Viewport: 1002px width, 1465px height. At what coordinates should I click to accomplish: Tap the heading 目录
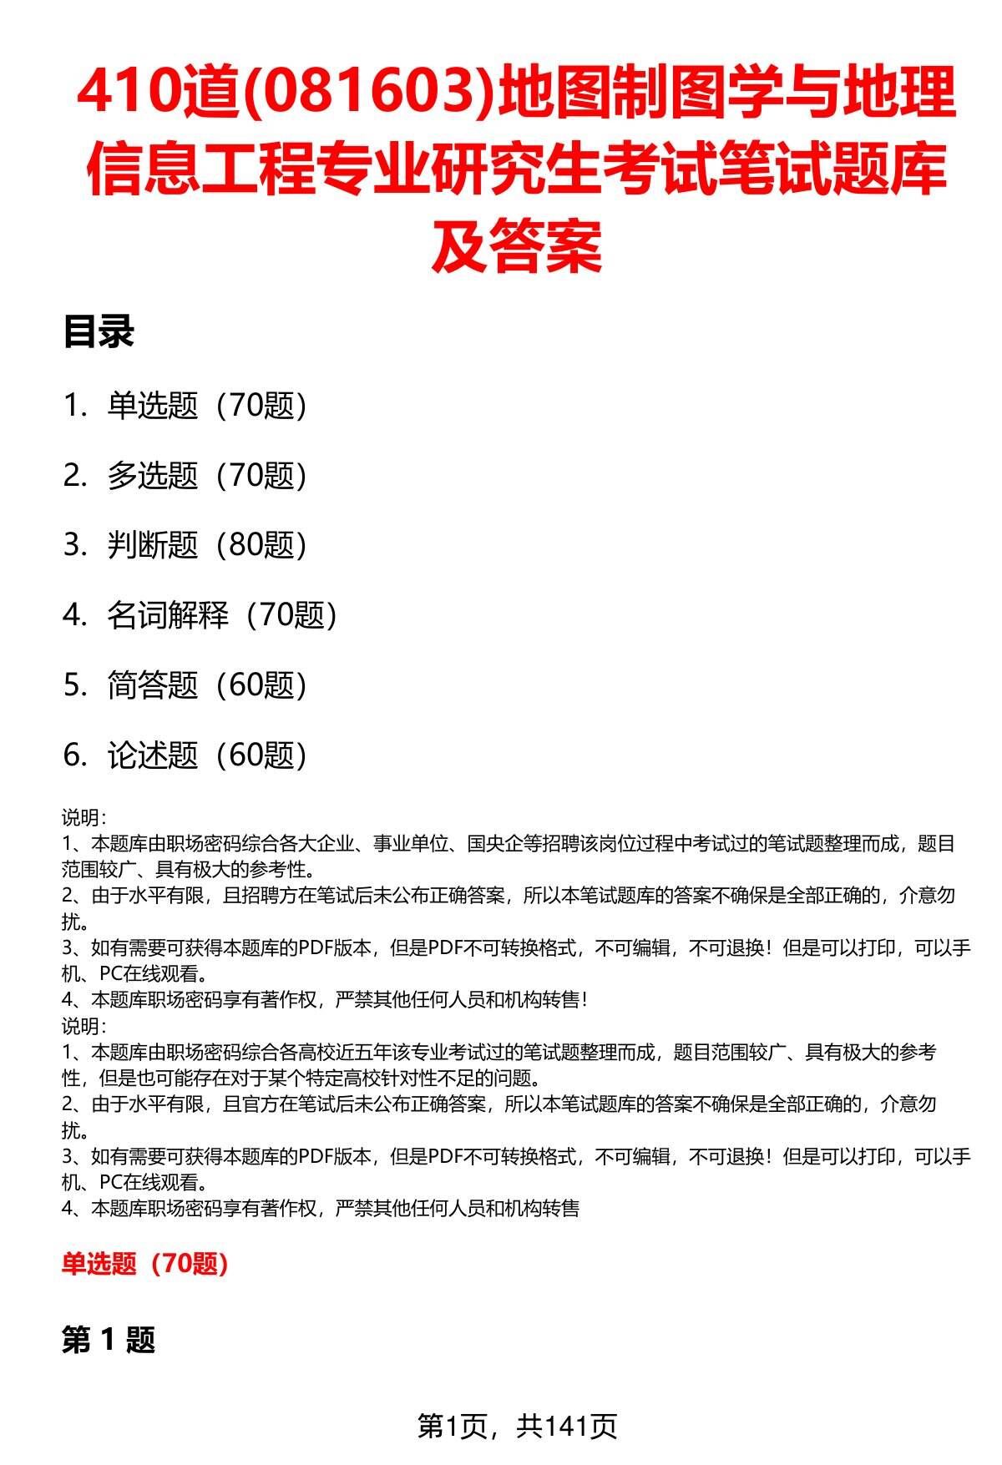point(99,332)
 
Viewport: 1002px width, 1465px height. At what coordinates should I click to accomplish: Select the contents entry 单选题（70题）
point(207,406)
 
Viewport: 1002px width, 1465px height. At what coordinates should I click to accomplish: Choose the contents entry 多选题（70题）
point(207,476)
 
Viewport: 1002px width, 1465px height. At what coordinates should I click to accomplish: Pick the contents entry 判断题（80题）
point(207,545)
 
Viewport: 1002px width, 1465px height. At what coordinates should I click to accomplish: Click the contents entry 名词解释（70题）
point(222,615)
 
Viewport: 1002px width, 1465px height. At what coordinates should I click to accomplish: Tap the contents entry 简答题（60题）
point(207,685)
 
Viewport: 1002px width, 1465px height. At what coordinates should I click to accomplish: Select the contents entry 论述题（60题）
point(207,755)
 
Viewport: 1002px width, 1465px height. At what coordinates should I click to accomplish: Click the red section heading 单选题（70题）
point(145,1264)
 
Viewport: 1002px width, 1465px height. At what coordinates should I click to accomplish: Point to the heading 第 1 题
point(109,1341)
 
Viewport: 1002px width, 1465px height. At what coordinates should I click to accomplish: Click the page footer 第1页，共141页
point(517,1426)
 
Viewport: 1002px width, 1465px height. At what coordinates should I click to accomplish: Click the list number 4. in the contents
point(75,615)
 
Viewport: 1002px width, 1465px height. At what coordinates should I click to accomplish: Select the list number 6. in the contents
point(75,755)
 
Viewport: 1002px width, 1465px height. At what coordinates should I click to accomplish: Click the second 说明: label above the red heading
point(83,1026)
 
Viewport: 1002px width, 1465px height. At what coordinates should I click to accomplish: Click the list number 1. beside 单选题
point(75,406)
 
